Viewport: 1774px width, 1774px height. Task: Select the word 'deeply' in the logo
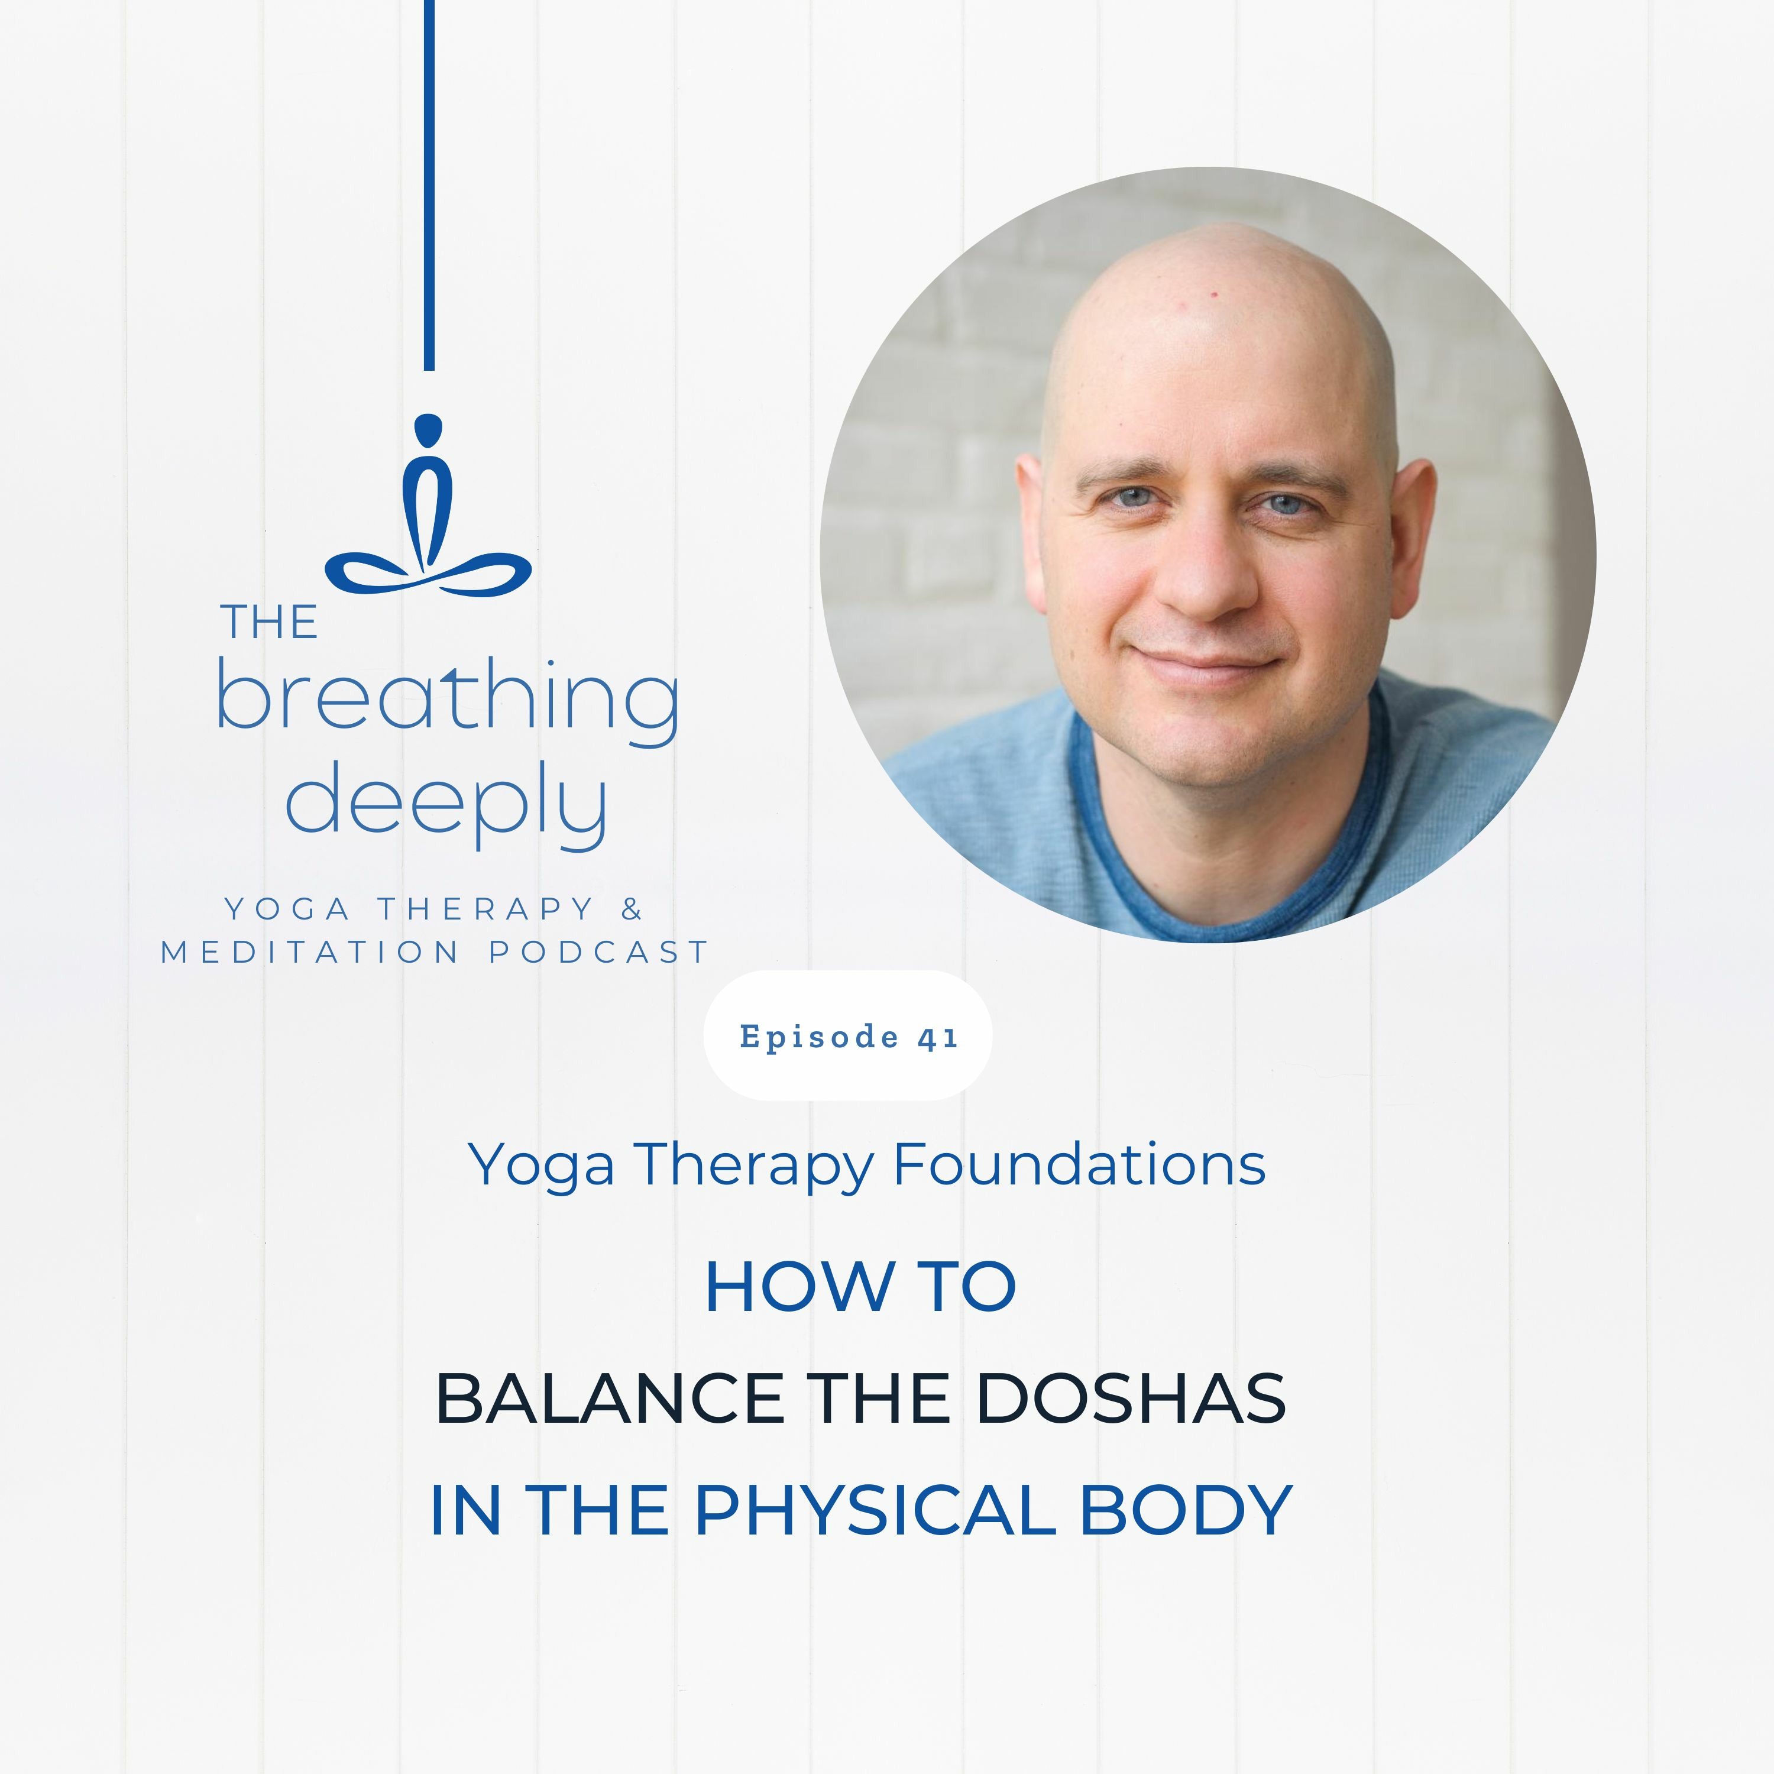[447, 804]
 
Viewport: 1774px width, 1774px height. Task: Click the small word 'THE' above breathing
[269, 623]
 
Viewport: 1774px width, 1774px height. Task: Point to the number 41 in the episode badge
[937, 1038]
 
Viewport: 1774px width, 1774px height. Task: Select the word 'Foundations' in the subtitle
[1079, 1164]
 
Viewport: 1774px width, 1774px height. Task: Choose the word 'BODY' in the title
[1186, 1510]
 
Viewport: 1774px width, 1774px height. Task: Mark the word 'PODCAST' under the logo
[598, 952]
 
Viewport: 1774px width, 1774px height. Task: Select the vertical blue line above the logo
[429, 184]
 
